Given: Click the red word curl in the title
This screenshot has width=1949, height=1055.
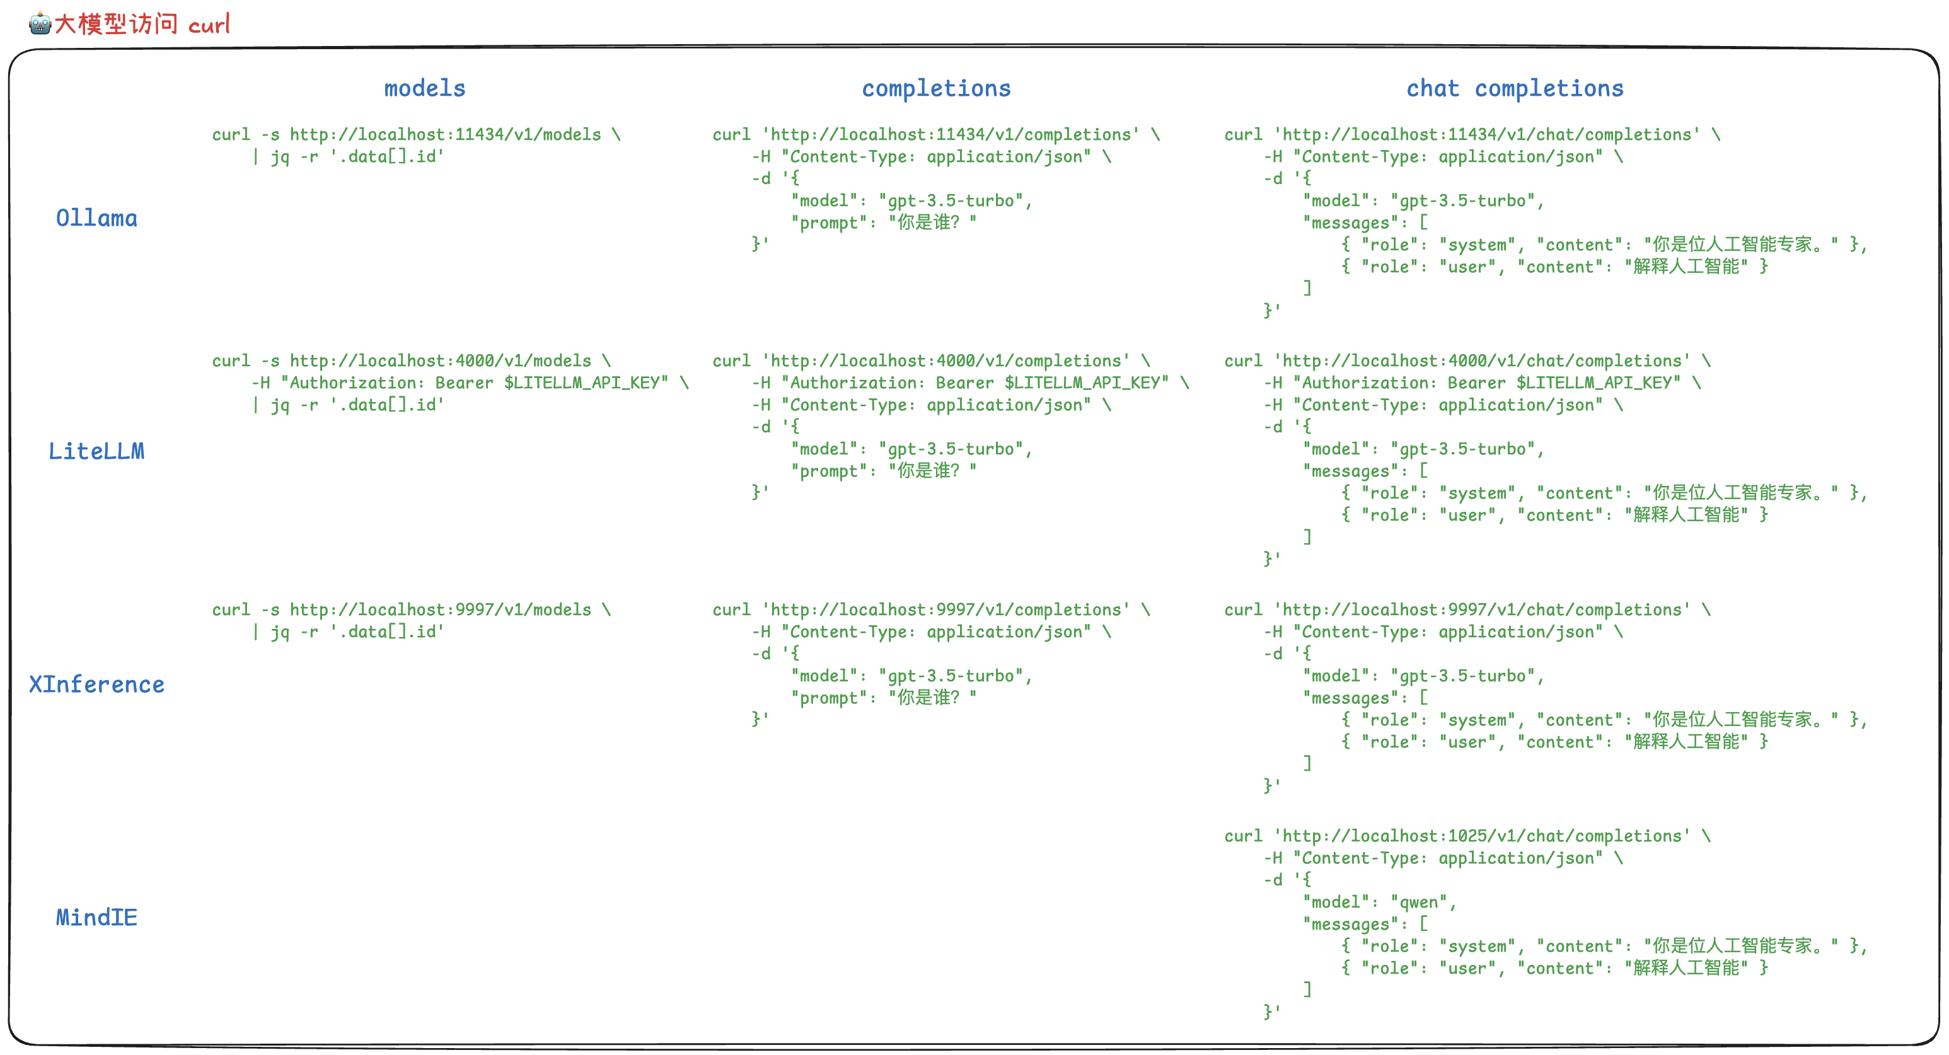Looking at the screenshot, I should pos(209,25).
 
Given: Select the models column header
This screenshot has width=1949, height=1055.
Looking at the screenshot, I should pos(424,88).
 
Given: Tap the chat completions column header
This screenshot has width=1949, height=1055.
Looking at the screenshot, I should pos(1515,88).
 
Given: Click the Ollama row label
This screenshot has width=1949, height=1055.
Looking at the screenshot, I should pos(97,219).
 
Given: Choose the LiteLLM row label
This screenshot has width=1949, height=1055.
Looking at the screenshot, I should pos(97,451).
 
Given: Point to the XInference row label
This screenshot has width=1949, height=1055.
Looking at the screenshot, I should pos(97,684).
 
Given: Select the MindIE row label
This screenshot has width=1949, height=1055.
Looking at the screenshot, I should pos(97,918).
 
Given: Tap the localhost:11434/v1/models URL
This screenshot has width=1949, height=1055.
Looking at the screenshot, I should pos(445,135).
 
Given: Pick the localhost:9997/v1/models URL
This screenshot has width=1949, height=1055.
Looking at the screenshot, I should pos(441,609).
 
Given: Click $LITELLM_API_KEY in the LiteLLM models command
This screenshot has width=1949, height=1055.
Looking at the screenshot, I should pos(586,383).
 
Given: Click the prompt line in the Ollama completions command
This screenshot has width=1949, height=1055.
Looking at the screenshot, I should pos(884,222).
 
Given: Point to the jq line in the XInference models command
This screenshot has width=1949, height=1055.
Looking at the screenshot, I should pos(348,631).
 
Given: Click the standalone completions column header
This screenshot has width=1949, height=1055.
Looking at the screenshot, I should pos(936,88).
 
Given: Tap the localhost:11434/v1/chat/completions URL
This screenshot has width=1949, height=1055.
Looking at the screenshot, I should pos(1487,135).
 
